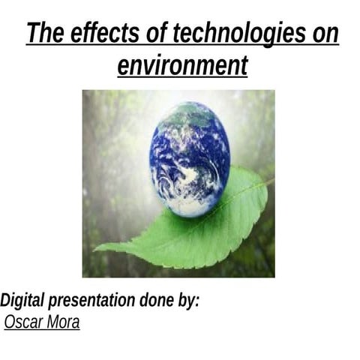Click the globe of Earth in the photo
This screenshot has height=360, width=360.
point(189,158)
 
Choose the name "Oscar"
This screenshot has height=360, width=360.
point(23,322)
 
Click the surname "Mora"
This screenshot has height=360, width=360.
point(62,322)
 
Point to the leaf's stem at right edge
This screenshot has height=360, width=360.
point(269,180)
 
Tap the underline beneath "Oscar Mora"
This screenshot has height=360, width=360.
point(42,331)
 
